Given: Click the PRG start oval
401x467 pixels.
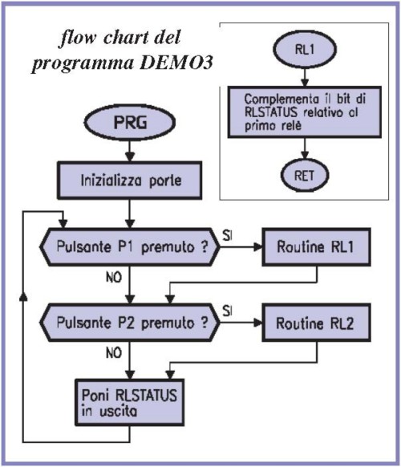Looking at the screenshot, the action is pyautogui.click(x=129, y=122).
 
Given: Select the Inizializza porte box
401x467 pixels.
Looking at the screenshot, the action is pyautogui.click(x=129, y=181).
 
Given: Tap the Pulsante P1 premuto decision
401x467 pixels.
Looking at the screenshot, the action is pyautogui.click(x=130, y=246).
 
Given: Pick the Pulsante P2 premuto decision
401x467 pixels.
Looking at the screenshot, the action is pyautogui.click(x=130, y=323).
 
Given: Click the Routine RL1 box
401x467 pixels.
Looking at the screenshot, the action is pyautogui.click(x=317, y=246).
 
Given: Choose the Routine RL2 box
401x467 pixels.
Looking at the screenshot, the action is pyautogui.click(x=317, y=323).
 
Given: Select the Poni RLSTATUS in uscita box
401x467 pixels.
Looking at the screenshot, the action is pyautogui.click(x=129, y=402).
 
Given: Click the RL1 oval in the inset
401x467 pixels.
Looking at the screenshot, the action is pyautogui.click(x=305, y=50).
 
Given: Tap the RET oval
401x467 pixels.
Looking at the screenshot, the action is pyautogui.click(x=305, y=176).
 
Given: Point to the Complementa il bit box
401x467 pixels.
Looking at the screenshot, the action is pyautogui.click(x=305, y=112).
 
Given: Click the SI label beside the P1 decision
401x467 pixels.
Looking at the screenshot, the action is pyautogui.click(x=227, y=236).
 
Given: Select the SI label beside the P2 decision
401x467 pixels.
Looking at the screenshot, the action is pyautogui.click(x=227, y=311).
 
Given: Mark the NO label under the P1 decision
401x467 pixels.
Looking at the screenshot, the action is pyautogui.click(x=114, y=278).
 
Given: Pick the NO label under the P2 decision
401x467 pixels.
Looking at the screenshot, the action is pyautogui.click(x=114, y=353).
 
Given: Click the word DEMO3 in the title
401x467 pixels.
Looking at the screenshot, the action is pyautogui.click(x=176, y=63).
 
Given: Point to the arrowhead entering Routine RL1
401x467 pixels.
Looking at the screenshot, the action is pyautogui.click(x=257, y=246).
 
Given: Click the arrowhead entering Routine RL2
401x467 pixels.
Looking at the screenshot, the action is pyautogui.click(x=257, y=323).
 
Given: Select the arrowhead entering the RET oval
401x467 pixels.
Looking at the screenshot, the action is pyautogui.click(x=305, y=155).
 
